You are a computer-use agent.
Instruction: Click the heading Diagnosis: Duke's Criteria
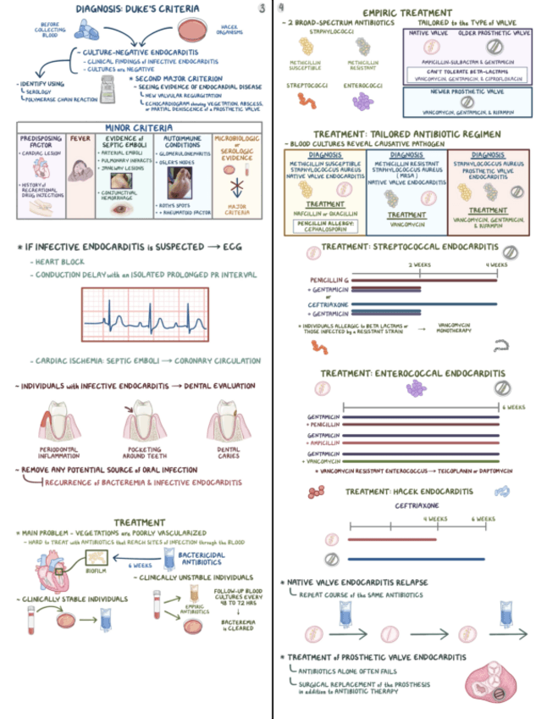coord(139,9)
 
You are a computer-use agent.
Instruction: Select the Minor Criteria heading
coord(139,126)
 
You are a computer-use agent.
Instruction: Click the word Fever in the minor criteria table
coord(80,138)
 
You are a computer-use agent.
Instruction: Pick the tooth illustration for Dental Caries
coord(228,421)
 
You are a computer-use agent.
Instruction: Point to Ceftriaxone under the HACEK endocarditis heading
coord(414,504)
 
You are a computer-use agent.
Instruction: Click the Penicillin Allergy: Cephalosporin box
coord(323,226)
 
